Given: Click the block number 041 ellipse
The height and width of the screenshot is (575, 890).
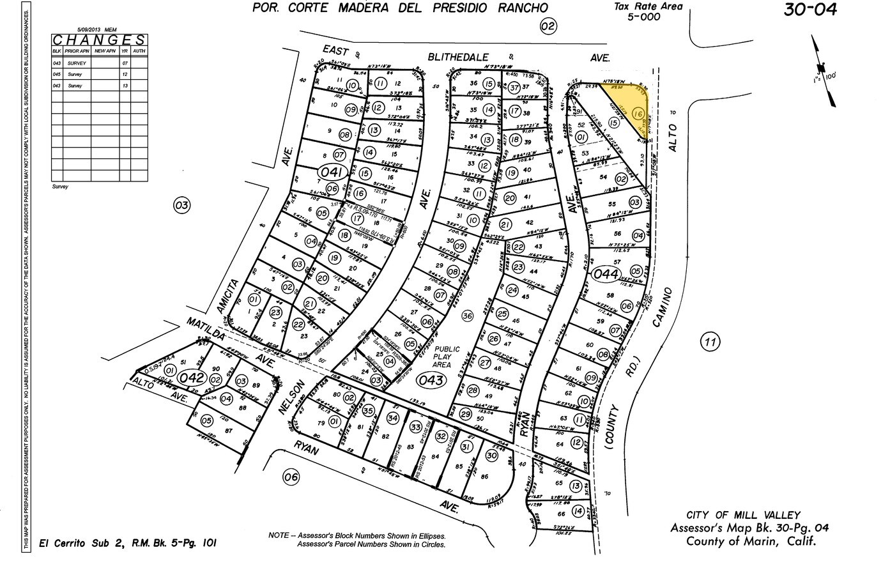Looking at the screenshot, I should point(332,172).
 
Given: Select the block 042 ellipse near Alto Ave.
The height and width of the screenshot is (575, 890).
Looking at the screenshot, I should point(191,378).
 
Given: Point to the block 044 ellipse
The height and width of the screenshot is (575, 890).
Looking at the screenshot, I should point(605,275).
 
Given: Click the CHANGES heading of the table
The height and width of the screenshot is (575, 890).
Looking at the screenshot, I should point(99,40).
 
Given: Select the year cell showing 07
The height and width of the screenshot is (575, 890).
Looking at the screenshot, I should point(125,63).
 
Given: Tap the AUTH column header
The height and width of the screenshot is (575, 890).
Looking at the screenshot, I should point(139,50).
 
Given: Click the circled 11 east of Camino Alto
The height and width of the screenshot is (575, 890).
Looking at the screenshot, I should point(710,342).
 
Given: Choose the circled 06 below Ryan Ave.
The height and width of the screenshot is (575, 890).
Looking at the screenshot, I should point(291,477).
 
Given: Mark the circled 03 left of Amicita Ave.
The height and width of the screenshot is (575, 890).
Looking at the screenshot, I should point(182,205).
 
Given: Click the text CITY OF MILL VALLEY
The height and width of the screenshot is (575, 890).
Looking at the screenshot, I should point(742,515).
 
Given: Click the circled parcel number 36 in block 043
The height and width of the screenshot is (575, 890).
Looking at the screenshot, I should point(468,316).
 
